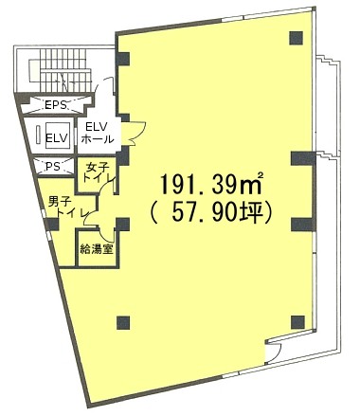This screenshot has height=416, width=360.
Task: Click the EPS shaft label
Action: pos(56,104)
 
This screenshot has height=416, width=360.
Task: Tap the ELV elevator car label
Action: pos(57,138)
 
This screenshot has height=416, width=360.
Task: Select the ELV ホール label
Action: pos(98,133)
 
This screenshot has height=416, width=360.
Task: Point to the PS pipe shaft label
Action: pos(53,167)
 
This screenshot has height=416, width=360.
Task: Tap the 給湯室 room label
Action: pos(97,249)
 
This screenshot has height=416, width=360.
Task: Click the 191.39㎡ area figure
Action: pos(211,183)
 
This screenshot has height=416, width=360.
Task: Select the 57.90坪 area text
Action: pos(211,212)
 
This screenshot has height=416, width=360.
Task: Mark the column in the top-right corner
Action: pos(297,38)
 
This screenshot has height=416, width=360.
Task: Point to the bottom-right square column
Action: pos(297,322)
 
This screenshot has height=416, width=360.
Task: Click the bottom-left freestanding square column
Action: pos(123,322)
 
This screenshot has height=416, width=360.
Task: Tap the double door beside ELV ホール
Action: pos(134,134)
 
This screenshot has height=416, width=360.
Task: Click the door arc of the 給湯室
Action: pos(105,234)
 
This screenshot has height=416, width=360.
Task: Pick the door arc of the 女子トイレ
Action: pos(106,186)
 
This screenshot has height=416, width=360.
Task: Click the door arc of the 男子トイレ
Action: pos(90,219)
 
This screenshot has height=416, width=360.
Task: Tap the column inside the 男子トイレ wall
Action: pos(52,225)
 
